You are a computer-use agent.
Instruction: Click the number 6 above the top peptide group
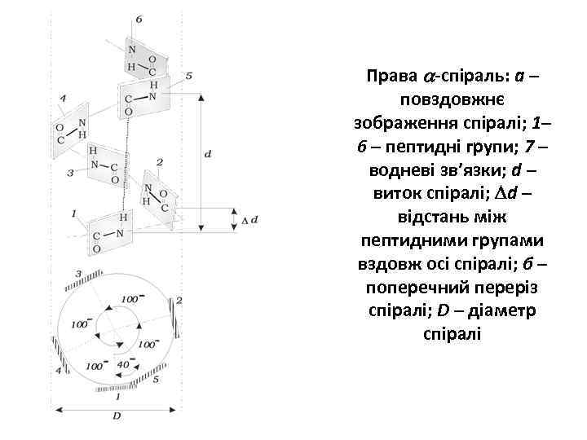[x=139, y=18]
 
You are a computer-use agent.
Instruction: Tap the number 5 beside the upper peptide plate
[x=189, y=76]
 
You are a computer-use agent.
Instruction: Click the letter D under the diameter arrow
[x=117, y=417]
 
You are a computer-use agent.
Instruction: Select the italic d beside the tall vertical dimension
[x=209, y=153]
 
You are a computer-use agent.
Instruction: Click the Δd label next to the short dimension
[x=249, y=220]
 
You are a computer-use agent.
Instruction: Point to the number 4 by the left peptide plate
[x=63, y=100]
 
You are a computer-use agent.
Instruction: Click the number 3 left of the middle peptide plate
[x=70, y=173]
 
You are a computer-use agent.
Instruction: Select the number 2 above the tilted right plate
[x=160, y=162]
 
